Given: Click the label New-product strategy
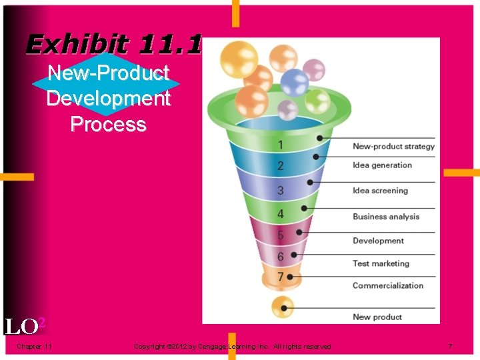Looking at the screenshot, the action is click(393, 147).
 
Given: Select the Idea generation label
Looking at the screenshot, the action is click(382, 165).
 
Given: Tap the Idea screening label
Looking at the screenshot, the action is click(380, 191).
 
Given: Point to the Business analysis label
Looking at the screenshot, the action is click(386, 217).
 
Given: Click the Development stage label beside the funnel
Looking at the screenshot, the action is click(378, 241).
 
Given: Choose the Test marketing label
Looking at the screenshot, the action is click(381, 263).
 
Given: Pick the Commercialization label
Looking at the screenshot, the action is click(388, 285).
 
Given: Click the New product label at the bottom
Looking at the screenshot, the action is click(377, 317).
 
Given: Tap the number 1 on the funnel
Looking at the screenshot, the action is click(281, 145).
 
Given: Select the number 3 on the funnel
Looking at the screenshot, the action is click(281, 191).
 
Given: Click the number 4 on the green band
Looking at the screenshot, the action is click(281, 214).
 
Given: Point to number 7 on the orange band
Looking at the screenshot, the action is click(281, 276).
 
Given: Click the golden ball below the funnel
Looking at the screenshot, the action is click(283, 307).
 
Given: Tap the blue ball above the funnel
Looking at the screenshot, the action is click(293, 83).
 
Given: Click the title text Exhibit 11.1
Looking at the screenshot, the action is click(113, 45).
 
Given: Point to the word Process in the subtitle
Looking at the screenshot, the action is click(108, 124).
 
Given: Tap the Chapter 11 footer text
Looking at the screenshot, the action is click(35, 346).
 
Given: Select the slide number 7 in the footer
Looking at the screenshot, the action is click(450, 346).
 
